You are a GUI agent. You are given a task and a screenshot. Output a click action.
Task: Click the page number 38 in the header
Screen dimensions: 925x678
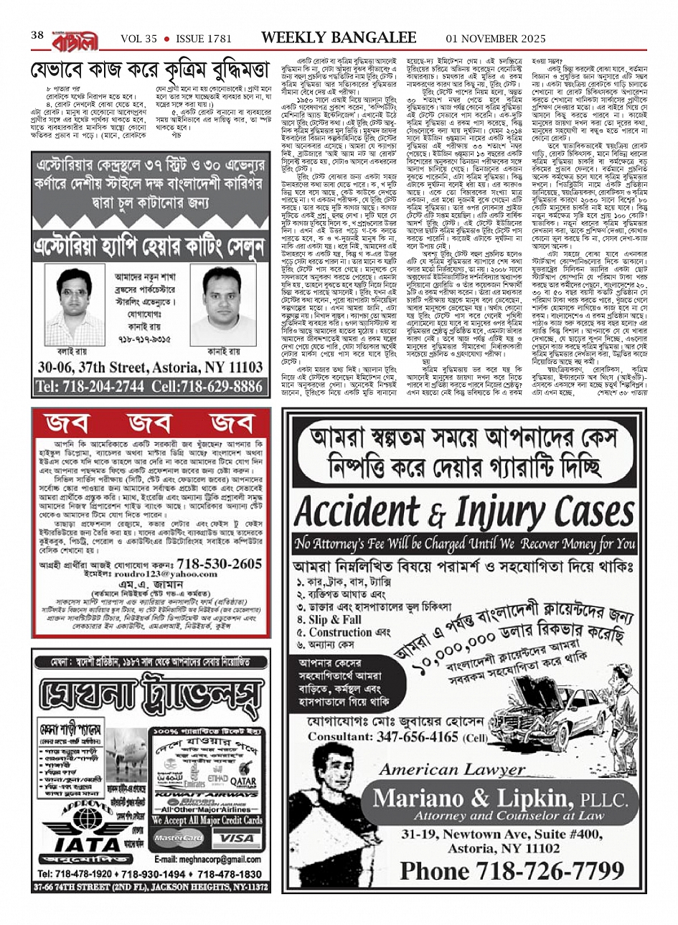(x=37, y=35)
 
